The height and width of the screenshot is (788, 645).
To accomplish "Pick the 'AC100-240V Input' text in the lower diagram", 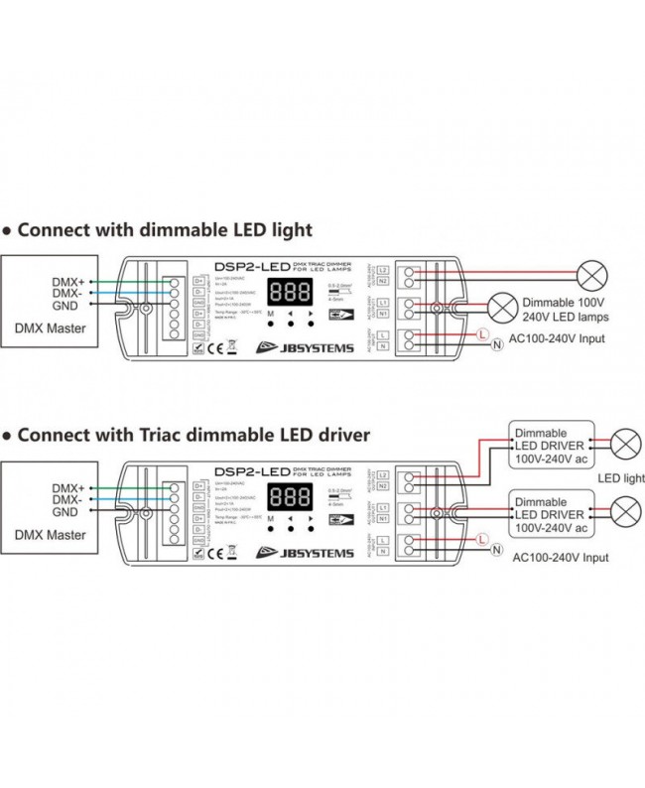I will [x=561, y=558].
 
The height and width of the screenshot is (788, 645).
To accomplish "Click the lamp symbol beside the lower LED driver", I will [x=624, y=512].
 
